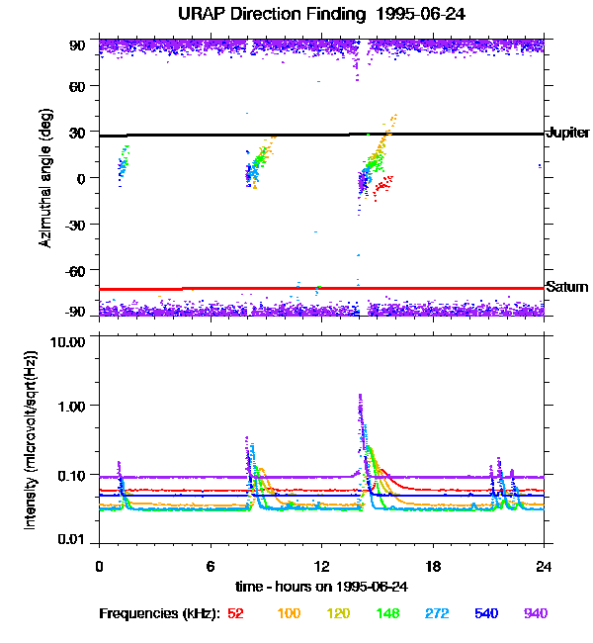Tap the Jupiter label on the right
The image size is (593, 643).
pos(567,133)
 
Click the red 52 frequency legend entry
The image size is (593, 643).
pos(235,614)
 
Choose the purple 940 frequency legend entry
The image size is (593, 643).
pos(535,614)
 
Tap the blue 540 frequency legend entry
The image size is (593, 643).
pos(485,614)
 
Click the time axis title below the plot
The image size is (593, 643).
pos(320,586)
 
